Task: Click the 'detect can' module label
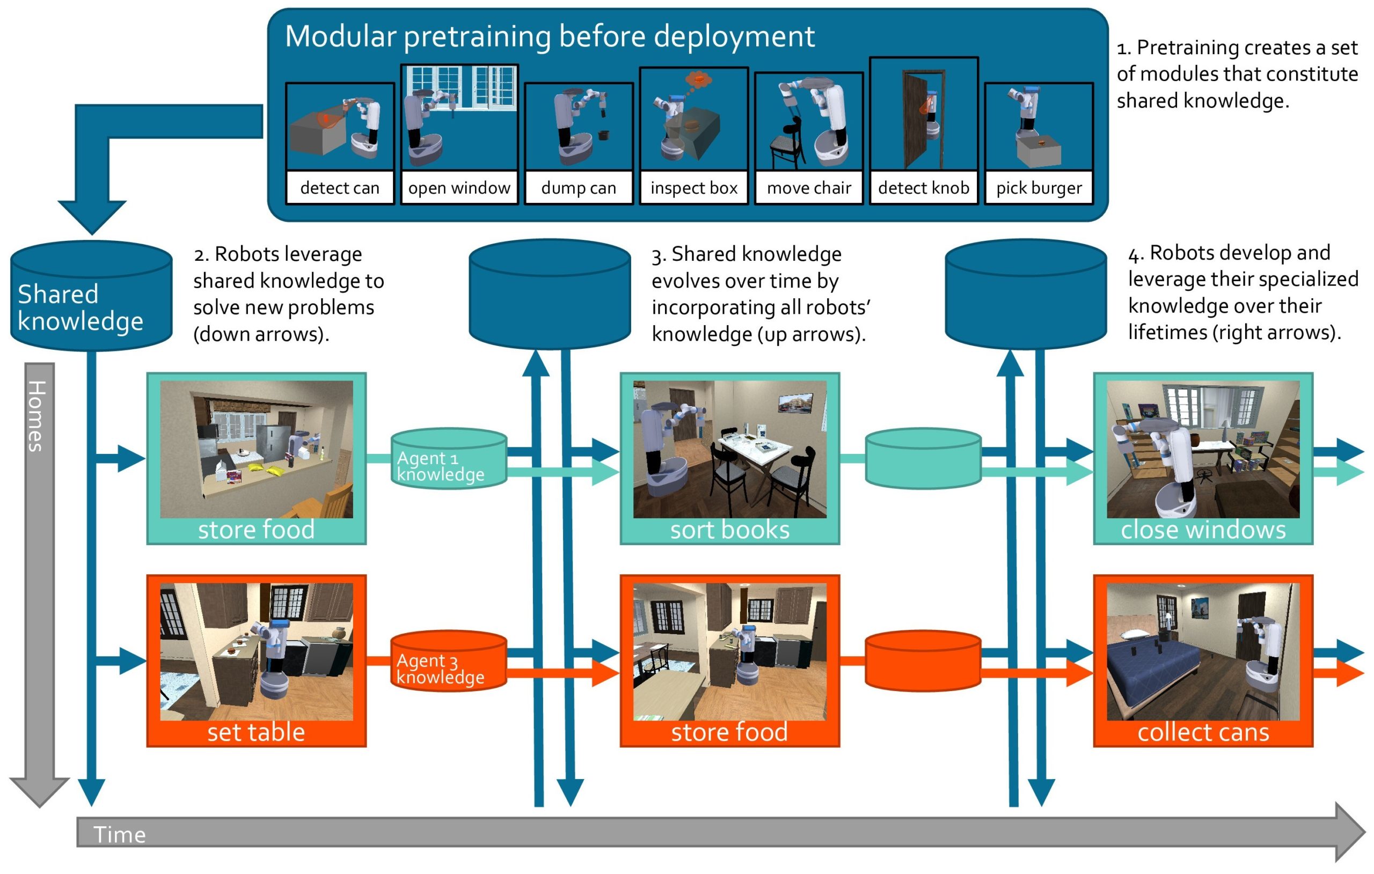tap(340, 188)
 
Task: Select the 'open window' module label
tap(459, 188)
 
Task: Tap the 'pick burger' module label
tap(1039, 188)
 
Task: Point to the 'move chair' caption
tap(808, 188)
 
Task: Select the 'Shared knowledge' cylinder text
tap(80, 307)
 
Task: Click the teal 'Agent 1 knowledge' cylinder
tap(449, 459)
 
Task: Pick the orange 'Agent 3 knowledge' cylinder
tap(449, 661)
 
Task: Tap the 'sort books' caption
tap(729, 530)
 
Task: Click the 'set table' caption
tap(255, 732)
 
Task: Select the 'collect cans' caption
tap(1203, 732)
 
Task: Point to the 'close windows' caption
tap(1203, 530)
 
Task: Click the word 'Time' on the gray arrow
tap(119, 835)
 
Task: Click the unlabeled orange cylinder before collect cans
tap(923, 661)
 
